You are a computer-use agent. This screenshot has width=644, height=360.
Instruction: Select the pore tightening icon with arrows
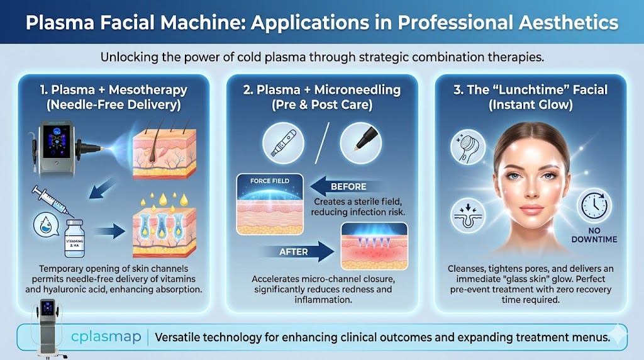(x=468, y=216)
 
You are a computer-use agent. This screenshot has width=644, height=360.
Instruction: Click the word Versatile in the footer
(x=183, y=337)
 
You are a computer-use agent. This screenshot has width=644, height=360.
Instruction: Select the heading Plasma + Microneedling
(x=322, y=90)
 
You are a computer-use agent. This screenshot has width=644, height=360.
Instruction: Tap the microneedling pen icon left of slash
(x=281, y=141)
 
